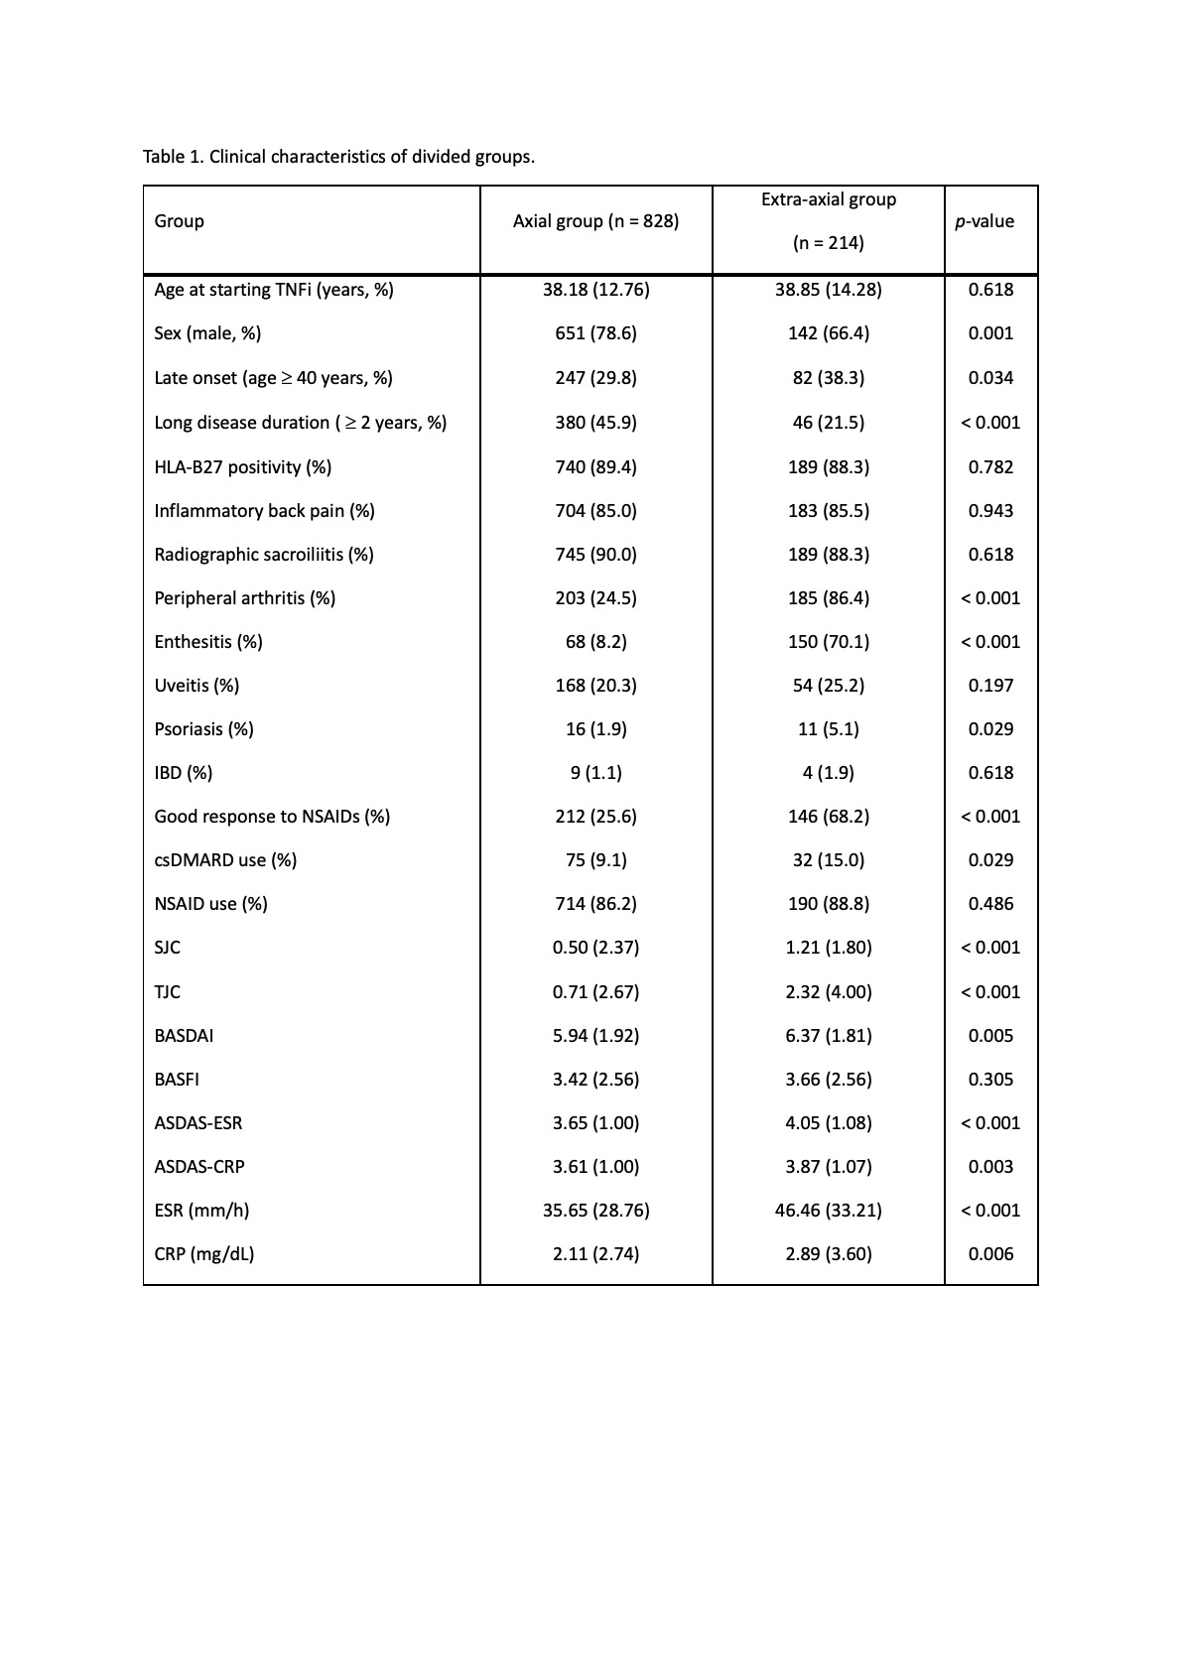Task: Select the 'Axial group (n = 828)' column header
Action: pos(595,221)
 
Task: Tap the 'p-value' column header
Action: pos(984,221)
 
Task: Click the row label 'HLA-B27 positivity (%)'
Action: pos(243,466)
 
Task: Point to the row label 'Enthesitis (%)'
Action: pos(208,642)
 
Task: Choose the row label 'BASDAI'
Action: pos(184,1036)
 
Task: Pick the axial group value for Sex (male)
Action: pos(595,333)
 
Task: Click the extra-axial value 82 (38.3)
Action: pos(828,378)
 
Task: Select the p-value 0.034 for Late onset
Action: pos(990,378)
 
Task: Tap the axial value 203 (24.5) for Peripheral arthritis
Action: pos(595,598)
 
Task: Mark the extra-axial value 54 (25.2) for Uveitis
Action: pos(828,686)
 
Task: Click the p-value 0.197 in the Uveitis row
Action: pos(990,686)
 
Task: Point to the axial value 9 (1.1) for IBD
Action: pos(595,773)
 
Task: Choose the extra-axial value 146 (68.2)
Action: pos(828,817)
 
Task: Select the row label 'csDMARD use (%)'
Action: pos(225,860)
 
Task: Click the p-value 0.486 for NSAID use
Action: pos(990,904)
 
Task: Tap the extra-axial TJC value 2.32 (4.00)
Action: pos(828,992)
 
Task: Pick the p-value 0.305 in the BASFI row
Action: pos(990,1080)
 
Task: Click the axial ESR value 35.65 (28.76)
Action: pos(595,1211)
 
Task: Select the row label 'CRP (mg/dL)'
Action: pos(204,1254)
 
